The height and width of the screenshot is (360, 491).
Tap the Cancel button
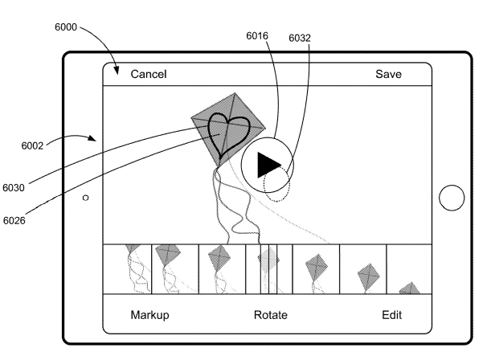click(x=149, y=75)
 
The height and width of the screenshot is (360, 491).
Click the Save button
click(x=388, y=75)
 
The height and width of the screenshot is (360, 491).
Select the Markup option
click(x=150, y=315)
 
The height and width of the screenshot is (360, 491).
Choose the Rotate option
click(x=270, y=315)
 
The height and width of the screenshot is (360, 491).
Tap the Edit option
click(x=391, y=315)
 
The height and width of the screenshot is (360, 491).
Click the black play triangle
click(x=268, y=165)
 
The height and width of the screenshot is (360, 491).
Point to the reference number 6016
click(x=258, y=35)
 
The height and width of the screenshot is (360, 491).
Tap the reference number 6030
click(x=14, y=187)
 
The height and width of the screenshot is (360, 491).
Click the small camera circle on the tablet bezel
click(x=85, y=197)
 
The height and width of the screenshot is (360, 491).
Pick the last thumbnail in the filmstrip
click(x=410, y=269)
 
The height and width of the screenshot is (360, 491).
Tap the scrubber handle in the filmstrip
click(x=268, y=269)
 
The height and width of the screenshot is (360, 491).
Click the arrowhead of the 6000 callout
click(x=117, y=73)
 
